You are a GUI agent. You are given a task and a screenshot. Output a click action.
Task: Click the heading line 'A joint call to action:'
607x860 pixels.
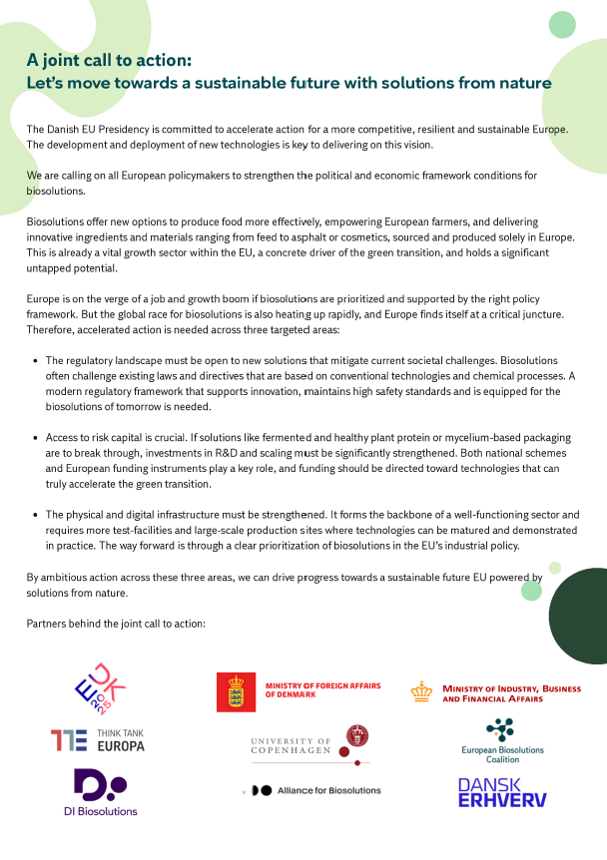point(109,59)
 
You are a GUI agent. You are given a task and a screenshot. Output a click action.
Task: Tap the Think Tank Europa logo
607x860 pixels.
point(98,739)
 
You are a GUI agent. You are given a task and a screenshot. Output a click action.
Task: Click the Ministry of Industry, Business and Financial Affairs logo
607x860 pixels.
point(496,692)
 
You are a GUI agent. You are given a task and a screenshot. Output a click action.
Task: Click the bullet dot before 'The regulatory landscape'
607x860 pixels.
point(36,359)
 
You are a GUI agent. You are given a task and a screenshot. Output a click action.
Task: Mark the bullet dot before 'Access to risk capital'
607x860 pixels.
point(36,437)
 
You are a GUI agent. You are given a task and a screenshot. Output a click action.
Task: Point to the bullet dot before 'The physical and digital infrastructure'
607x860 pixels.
point(36,515)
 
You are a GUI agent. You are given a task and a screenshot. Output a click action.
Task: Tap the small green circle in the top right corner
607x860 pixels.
point(562,24)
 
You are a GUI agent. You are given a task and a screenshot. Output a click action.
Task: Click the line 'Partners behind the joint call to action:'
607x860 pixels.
point(116,624)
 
